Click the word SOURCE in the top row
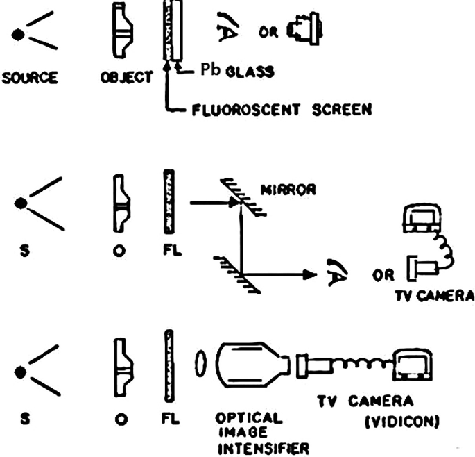coord(31,76)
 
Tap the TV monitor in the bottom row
coord(416,364)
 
